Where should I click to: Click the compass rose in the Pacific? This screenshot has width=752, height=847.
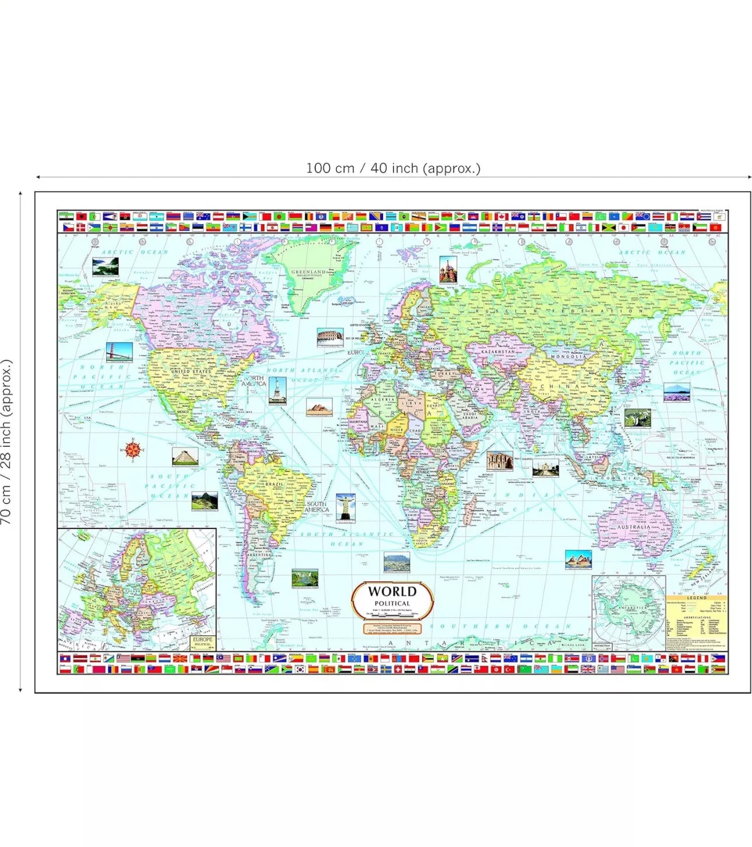133,449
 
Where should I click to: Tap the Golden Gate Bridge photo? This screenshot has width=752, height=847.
119,352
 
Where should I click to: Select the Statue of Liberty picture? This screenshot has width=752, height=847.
277,390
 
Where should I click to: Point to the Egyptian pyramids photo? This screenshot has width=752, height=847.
319,407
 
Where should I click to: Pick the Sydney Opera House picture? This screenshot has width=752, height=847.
578,559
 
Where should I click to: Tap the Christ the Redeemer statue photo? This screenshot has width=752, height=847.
346,507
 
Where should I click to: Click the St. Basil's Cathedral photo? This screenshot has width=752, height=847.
447,269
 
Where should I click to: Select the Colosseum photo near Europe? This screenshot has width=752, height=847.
330,337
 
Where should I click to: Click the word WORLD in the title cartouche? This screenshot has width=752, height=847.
392,591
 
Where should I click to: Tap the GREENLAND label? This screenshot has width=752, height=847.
308,272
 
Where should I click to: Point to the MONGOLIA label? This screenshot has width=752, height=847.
568,357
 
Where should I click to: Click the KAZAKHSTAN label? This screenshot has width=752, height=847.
498,352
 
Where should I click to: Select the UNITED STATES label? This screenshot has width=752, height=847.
191,372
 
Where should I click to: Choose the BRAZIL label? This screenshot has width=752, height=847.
275,484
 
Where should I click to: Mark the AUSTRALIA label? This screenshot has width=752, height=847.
633,527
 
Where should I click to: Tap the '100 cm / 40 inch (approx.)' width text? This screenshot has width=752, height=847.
393,169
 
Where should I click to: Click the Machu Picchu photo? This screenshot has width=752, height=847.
204,501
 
